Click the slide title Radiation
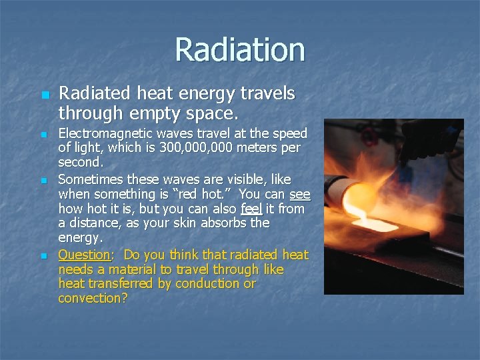240,50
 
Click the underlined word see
300,194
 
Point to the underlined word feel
252,209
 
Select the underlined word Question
84,255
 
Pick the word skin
202,223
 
